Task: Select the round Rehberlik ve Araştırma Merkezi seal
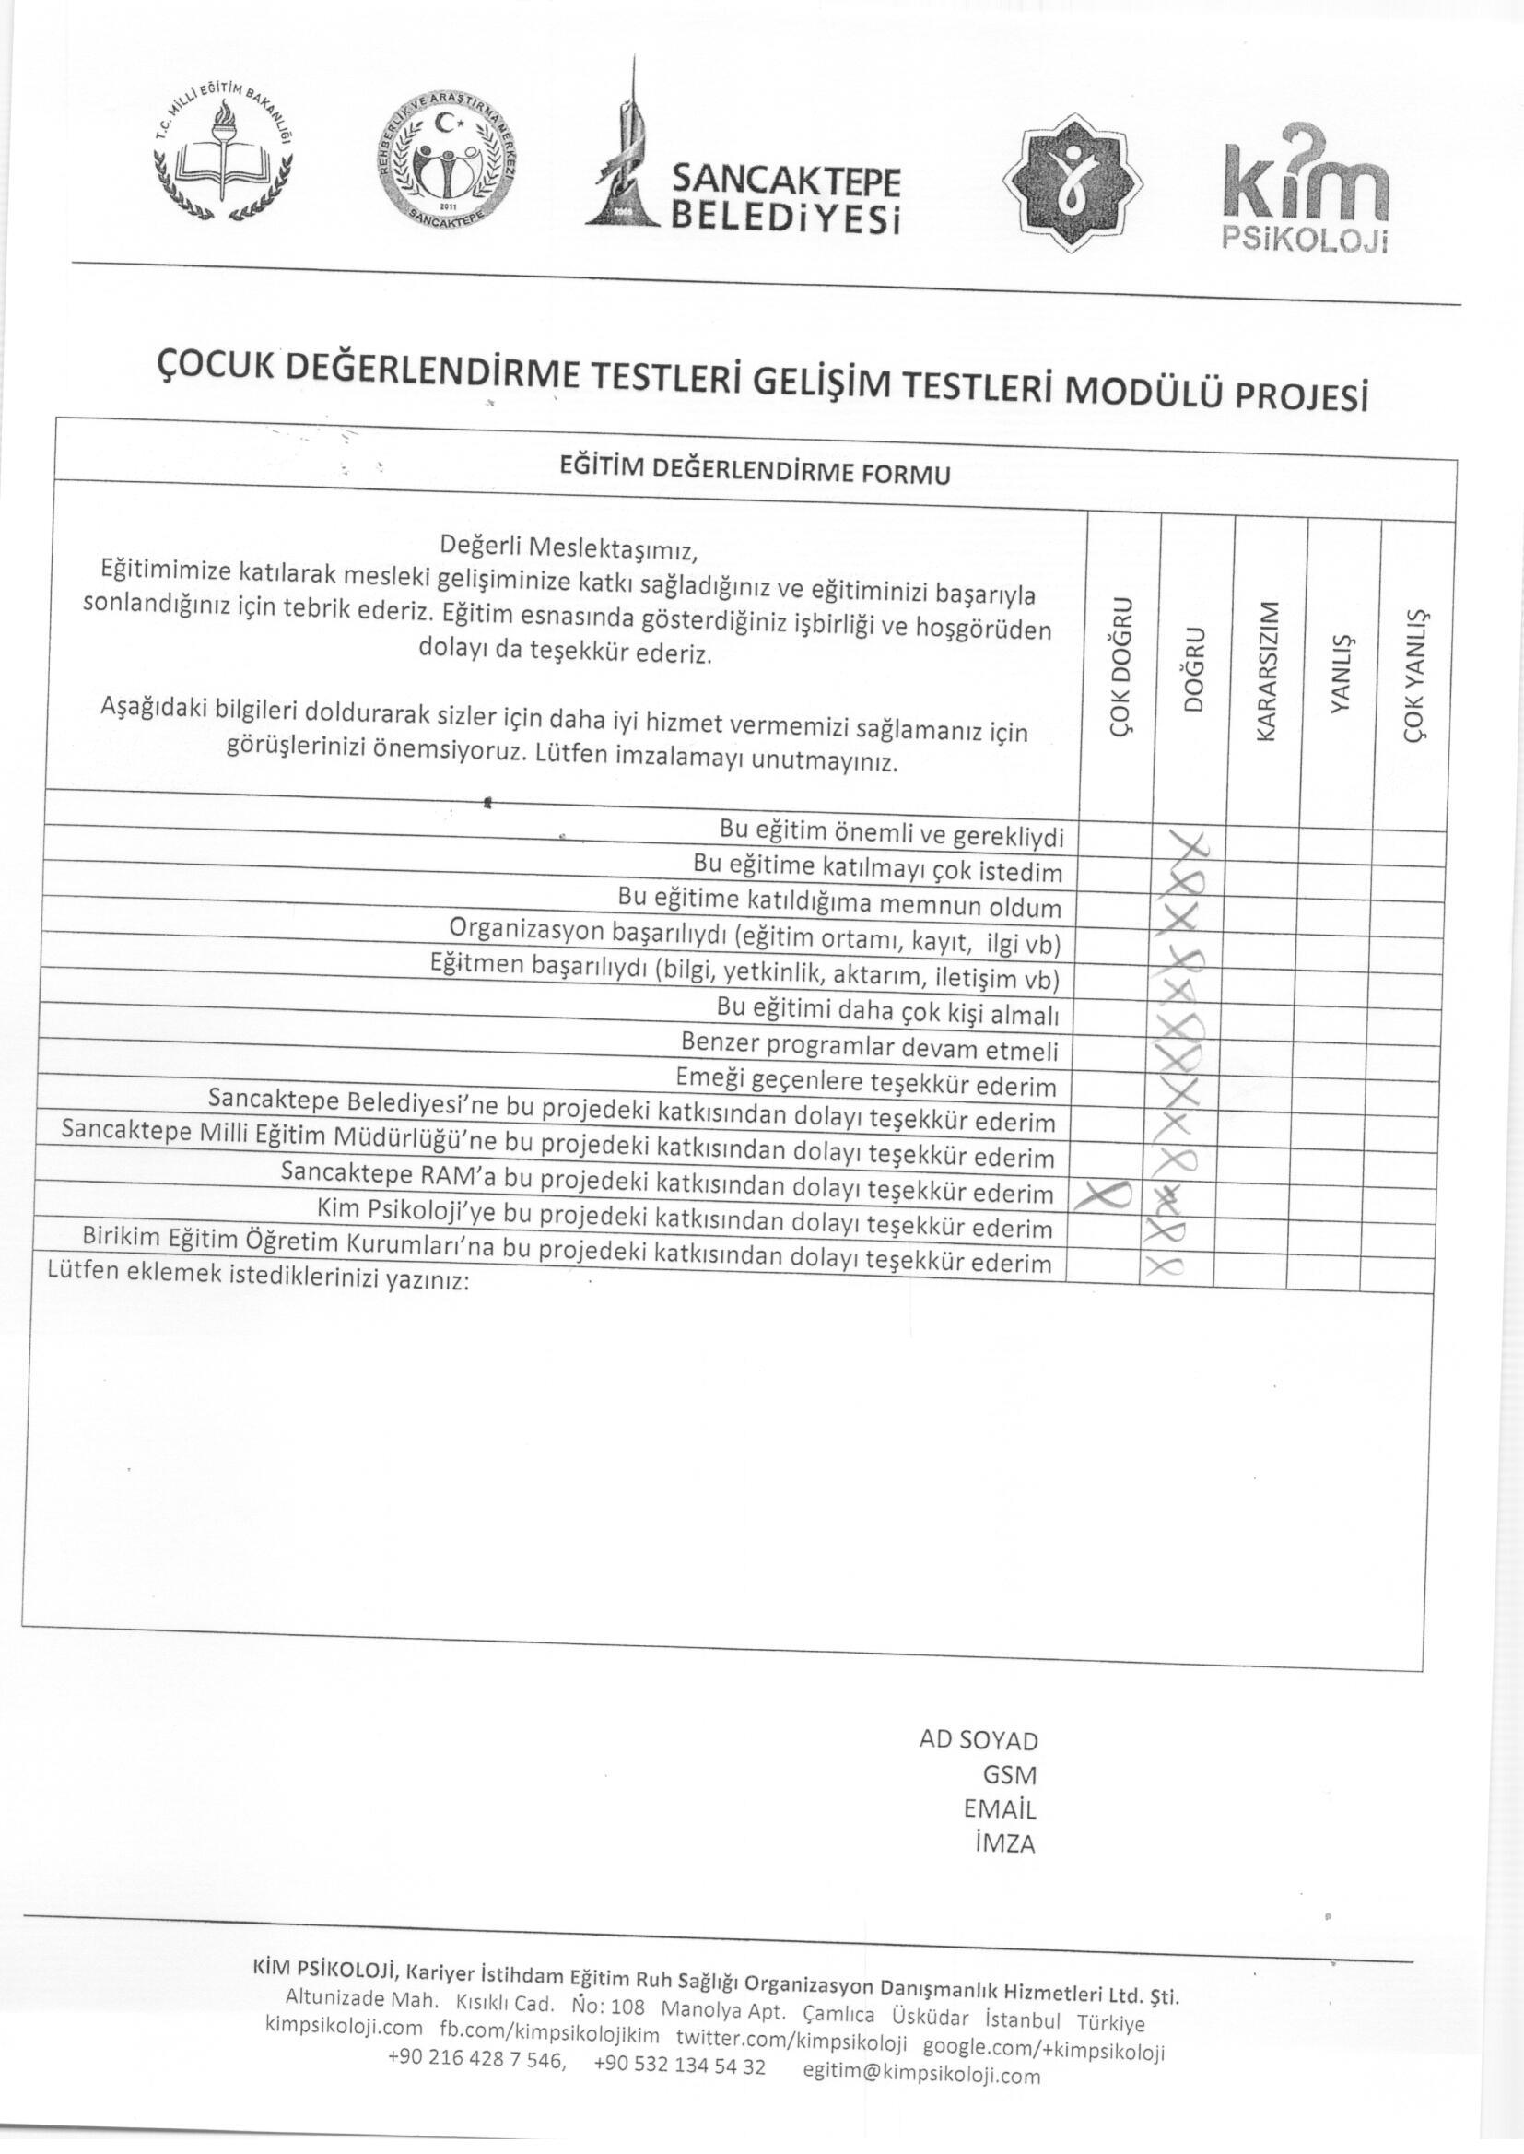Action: (445, 165)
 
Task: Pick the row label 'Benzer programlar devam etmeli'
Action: (869, 1045)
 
